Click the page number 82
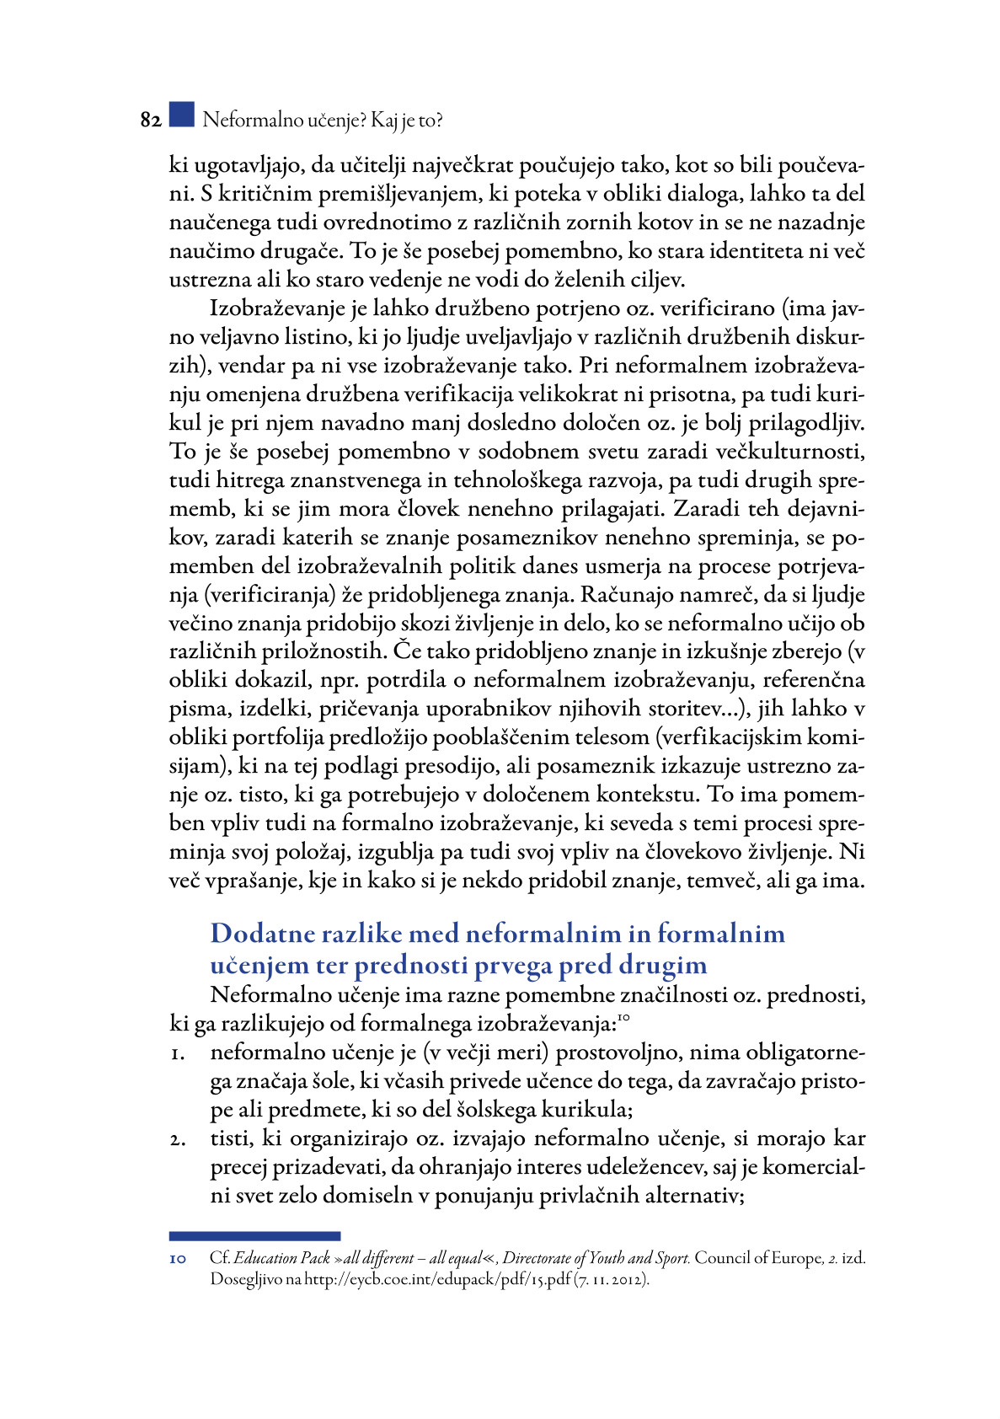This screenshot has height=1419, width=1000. coord(151,120)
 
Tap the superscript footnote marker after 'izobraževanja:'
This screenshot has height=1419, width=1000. coord(624,1018)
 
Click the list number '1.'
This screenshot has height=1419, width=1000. coord(177,1054)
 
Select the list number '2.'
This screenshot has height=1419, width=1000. coord(177,1140)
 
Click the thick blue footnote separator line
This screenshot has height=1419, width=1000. coord(254,1236)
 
